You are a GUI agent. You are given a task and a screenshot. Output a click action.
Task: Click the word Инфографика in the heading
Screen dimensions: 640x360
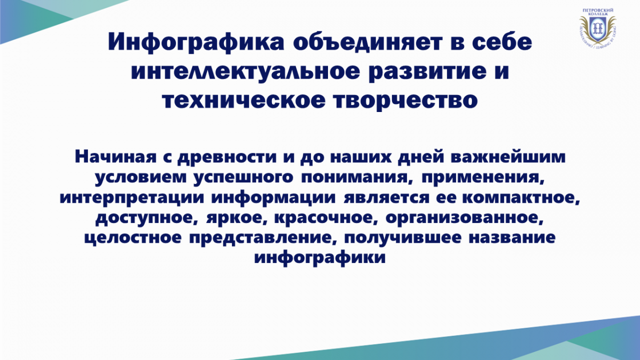[196, 43]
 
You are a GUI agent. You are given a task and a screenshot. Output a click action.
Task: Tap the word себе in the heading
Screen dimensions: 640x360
[502, 42]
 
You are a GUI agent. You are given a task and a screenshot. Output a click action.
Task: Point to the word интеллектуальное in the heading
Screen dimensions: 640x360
[245, 71]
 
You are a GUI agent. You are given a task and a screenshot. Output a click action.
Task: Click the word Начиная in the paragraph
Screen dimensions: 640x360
[116, 157]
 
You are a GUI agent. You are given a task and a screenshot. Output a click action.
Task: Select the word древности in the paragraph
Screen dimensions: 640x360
[227, 158]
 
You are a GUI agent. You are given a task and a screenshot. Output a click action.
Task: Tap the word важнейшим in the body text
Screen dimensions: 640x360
[508, 157]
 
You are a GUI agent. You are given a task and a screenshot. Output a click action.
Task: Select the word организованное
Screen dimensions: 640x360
[464, 218]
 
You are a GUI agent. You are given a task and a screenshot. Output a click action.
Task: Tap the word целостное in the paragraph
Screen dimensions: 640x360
[133, 238]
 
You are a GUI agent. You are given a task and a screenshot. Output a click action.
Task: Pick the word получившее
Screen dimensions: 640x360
[403, 238]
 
